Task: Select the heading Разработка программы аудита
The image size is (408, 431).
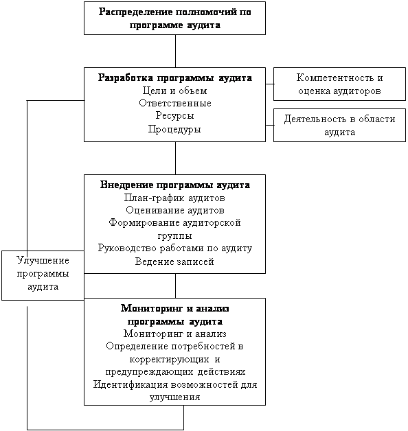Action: click(x=175, y=78)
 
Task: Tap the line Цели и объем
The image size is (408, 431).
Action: click(x=174, y=91)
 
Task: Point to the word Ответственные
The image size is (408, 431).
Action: click(x=175, y=103)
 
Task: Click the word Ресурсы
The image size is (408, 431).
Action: click(x=174, y=115)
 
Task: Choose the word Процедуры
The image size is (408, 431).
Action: click(x=174, y=129)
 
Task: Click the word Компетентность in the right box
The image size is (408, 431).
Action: click(x=335, y=78)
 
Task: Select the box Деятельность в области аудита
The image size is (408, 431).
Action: click(x=339, y=126)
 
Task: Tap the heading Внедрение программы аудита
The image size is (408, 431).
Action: click(x=175, y=185)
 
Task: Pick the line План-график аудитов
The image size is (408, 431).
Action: click(x=174, y=198)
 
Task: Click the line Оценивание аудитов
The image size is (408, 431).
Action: click(x=175, y=210)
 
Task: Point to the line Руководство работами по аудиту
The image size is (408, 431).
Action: click(x=175, y=248)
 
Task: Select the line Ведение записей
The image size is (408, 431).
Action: click(x=174, y=261)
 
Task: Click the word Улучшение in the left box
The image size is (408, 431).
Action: click(x=43, y=260)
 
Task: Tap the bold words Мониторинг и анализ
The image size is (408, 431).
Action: click(x=175, y=309)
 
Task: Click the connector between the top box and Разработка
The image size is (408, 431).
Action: click(x=176, y=51)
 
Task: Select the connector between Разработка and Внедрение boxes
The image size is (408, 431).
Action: click(x=176, y=158)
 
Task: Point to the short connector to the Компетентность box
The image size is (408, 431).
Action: click(x=270, y=84)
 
